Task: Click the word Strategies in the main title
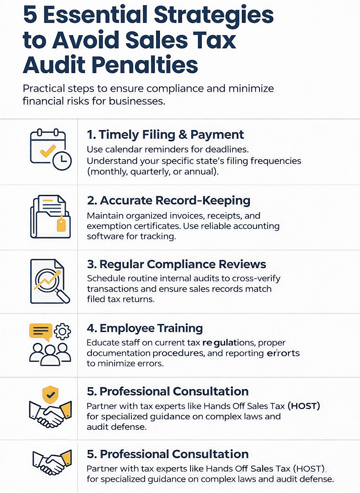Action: point(213,15)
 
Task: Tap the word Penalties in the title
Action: point(145,65)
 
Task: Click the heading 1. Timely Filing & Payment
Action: point(165,135)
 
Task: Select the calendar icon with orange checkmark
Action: point(48,148)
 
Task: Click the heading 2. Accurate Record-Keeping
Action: point(168,200)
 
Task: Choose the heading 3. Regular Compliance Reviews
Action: point(176,264)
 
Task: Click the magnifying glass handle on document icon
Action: point(64,297)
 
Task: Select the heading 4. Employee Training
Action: point(144,328)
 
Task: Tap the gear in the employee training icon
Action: point(63,331)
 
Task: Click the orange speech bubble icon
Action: point(41,332)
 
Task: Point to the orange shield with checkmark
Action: point(50,395)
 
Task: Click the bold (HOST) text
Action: point(304,406)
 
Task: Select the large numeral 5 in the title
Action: point(30,15)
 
